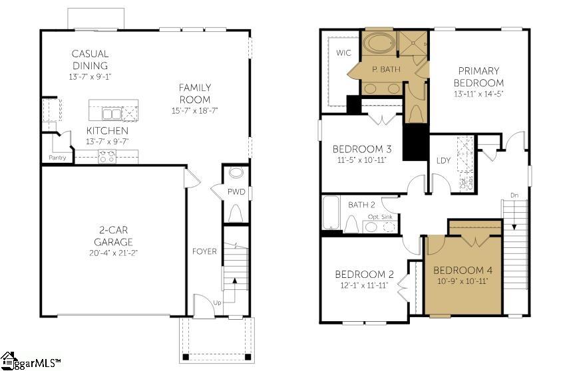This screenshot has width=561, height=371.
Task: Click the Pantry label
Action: tap(57, 158)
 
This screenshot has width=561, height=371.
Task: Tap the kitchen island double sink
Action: tap(112, 114)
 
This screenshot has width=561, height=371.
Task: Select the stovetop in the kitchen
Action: tap(107, 156)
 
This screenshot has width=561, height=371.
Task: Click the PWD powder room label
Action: tap(236, 192)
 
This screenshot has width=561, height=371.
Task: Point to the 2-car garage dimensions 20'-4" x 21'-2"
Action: tap(113, 253)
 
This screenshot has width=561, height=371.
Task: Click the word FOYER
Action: tap(204, 251)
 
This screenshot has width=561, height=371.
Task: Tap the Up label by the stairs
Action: tap(217, 303)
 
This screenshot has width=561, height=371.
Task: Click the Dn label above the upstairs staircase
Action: tap(514, 195)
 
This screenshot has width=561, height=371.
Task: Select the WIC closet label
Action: tap(343, 53)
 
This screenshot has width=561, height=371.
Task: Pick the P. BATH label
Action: tap(386, 69)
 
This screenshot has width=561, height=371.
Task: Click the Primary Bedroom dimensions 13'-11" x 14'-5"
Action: tap(478, 94)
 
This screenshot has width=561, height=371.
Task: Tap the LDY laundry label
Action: tap(443, 160)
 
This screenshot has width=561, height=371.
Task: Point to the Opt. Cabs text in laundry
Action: tap(467, 183)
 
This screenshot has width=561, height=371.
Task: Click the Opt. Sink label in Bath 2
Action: tap(380, 217)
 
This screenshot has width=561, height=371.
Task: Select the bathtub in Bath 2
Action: tap(331, 213)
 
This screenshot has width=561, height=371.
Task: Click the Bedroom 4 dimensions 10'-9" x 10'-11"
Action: tap(463, 281)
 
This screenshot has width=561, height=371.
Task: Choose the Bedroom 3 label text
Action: tap(362, 149)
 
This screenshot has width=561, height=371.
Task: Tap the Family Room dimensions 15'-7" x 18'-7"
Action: tap(194, 111)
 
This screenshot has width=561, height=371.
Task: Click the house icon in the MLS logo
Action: tap(8, 360)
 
